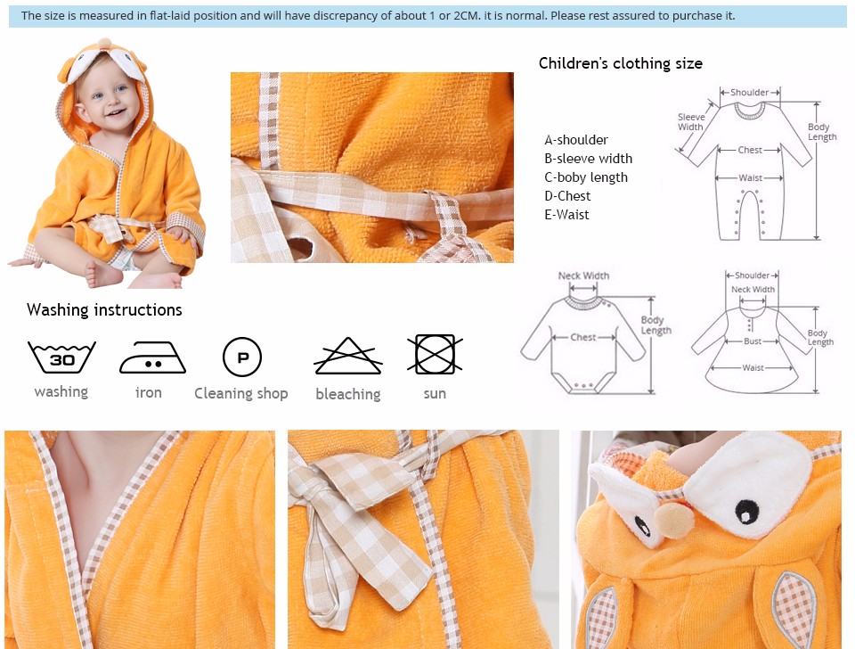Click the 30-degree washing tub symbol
[x=61, y=357]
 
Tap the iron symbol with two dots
[x=152, y=357]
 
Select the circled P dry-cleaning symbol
[x=242, y=357]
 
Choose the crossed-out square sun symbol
[x=435, y=354]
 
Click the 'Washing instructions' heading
[x=104, y=310]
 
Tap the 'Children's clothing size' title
[x=621, y=63]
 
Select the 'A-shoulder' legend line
[x=576, y=140]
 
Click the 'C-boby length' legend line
[x=586, y=177]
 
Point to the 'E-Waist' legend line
[x=566, y=215]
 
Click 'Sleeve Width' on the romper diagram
[x=691, y=122]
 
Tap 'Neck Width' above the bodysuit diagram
[x=583, y=275]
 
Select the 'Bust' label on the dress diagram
[x=753, y=341]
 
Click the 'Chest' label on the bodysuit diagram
[x=582, y=337]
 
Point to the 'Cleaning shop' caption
[x=241, y=393]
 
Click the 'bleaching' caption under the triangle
[x=348, y=393]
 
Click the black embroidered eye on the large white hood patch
[x=745, y=513]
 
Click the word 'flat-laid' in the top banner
[x=170, y=15]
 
